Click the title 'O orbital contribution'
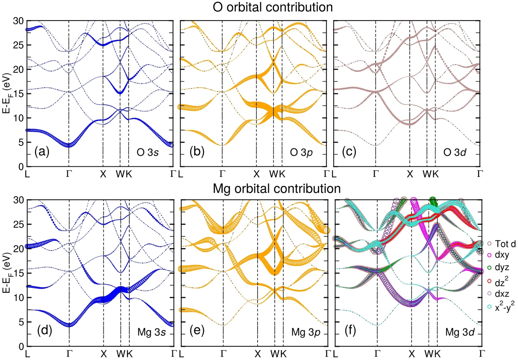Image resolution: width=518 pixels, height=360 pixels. (x=273, y=7)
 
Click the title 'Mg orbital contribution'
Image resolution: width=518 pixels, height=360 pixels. (x=277, y=189)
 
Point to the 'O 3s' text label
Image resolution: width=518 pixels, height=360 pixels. (x=147, y=152)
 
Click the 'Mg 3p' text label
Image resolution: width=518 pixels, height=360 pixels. (x=306, y=332)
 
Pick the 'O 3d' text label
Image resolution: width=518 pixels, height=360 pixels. (x=455, y=152)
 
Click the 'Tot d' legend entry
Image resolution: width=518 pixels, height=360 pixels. (x=502, y=244)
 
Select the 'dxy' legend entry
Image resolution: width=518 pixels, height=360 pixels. (x=498, y=255)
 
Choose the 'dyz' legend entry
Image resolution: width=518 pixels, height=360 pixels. (x=498, y=267)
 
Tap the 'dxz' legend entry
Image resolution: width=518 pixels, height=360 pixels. (x=498, y=294)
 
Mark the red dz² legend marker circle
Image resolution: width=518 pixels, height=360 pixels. (x=490, y=281)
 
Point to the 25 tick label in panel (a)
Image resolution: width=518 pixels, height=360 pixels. (x=18, y=45)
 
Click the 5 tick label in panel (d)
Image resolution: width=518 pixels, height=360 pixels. (x=21, y=322)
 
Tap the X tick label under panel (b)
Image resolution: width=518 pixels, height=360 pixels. (x=257, y=174)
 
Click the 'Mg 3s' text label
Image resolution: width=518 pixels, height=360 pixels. (x=152, y=332)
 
